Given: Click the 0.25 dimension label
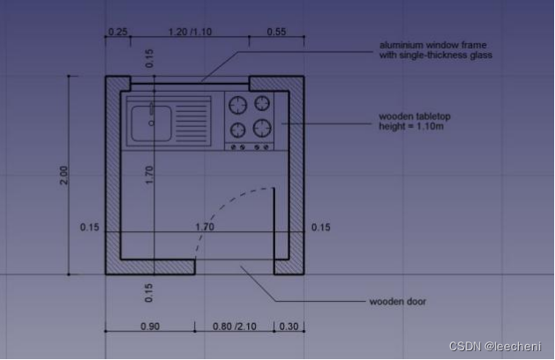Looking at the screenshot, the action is coord(117,32).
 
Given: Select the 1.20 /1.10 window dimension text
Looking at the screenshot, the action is coord(190,32).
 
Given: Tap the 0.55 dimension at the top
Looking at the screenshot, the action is coord(276,32).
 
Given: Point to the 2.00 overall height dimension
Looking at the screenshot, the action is coord(64,175).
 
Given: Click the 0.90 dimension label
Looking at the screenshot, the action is coord(150,326).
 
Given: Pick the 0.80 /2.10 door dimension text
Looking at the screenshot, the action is coord(235,326).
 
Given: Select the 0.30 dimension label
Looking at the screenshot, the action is coord(289,326).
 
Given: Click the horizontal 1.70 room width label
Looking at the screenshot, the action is coord(205,227).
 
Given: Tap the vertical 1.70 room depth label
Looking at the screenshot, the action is coord(149,175).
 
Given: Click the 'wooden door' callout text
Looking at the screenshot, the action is coord(398,302).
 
